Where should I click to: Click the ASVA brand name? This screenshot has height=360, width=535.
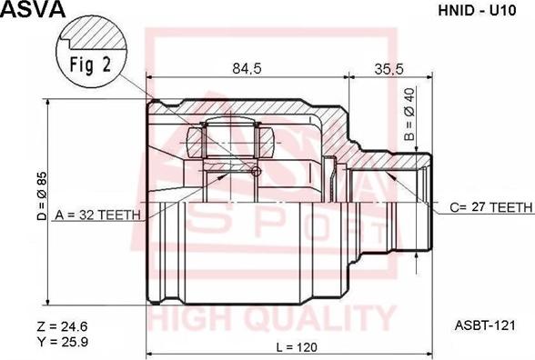pyautogui.click(x=33, y=9)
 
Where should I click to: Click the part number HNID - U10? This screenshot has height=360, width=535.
pyautogui.click(x=477, y=11)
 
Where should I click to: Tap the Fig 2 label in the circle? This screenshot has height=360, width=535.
pyautogui.click(x=90, y=64)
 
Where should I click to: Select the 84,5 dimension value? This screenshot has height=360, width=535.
pyautogui.click(x=247, y=69)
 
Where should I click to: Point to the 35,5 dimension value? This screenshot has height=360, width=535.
pyautogui.click(x=389, y=69)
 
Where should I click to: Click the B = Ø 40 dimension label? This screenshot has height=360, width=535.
pyautogui.click(x=409, y=115)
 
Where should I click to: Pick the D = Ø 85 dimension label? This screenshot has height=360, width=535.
pyautogui.click(x=42, y=195)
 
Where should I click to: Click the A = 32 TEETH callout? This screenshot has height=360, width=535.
pyautogui.click(x=97, y=215)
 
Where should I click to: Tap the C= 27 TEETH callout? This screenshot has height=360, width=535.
pyautogui.click(x=491, y=207)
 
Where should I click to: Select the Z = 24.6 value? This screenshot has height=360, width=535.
pyautogui.click(x=62, y=326)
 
